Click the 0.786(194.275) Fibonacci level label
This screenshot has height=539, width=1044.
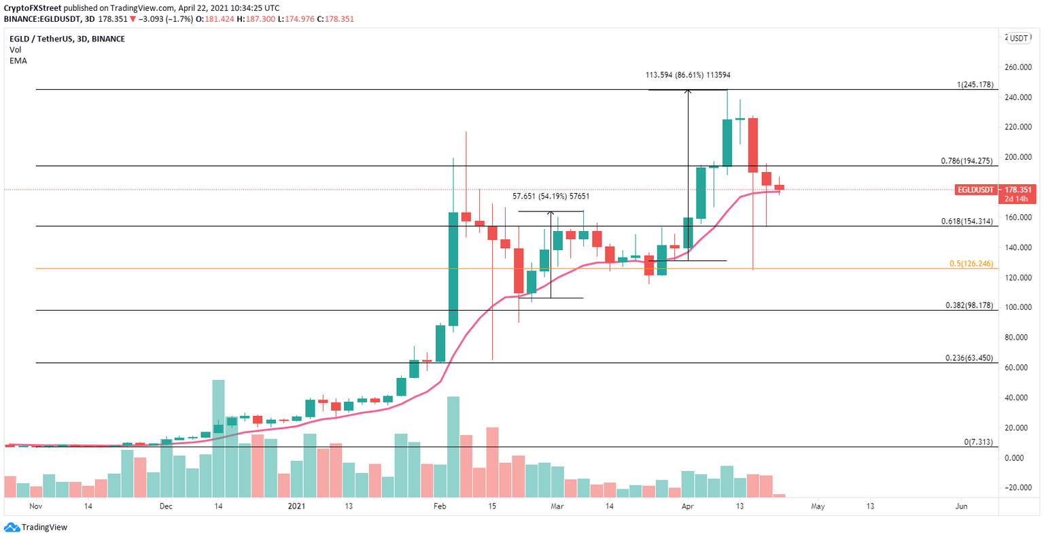tap(967, 161)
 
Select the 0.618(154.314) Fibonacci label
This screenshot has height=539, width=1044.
tap(967, 222)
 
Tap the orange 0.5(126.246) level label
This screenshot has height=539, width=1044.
tap(971, 264)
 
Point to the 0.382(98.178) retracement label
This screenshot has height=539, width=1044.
tap(969, 306)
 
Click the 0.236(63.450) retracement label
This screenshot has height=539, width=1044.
tap(969, 358)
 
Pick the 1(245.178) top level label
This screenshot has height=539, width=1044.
tap(975, 85)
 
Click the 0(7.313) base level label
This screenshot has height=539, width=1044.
tap(979, 442)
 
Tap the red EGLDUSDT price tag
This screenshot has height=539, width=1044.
tap(975, 190)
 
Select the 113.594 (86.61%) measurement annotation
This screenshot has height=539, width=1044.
tap(687, 75)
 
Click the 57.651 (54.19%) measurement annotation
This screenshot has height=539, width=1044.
tap(551, 196)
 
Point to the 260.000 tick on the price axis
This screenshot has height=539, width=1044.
tap(1018, 68)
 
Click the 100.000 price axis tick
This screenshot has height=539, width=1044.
tap(1018, 308)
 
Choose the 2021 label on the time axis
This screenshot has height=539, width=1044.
tap(296, 506)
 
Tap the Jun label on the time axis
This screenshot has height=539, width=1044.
tap(960, 506)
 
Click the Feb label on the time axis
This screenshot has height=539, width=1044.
tap(440, 506)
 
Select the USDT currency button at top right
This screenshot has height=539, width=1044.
tap(1019, 39)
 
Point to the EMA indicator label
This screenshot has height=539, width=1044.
tap(18, 60)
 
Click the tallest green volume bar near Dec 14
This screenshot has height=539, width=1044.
tap(218, 438)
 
